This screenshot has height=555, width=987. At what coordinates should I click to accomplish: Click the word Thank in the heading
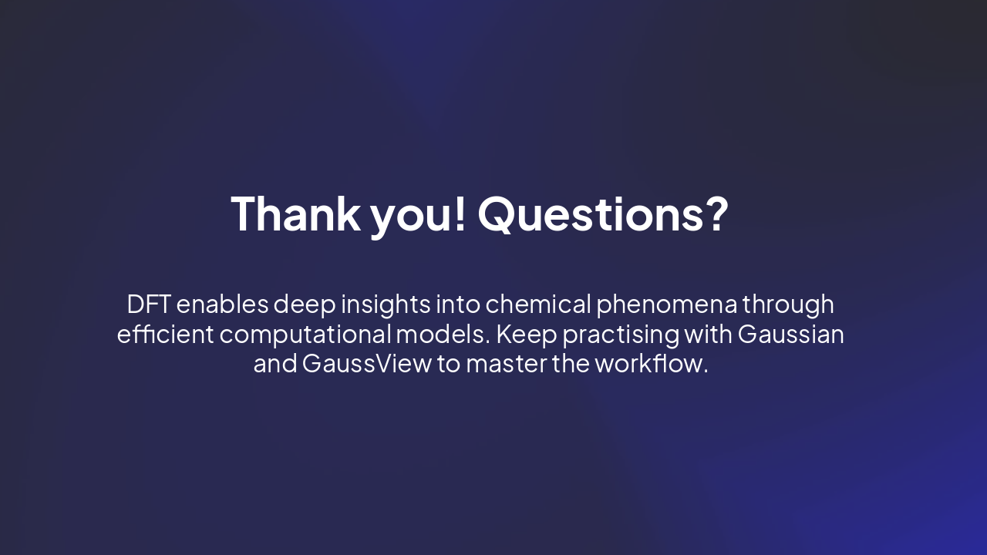click(295, 214)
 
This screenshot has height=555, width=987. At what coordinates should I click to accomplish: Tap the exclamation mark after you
click(460, 214)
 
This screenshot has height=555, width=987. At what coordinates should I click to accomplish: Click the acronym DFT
click(149, 304)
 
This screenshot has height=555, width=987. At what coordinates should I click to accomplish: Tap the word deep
click(305, 305)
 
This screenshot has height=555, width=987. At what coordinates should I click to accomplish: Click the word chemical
click(538, 304)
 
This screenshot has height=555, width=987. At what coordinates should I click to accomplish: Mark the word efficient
click(165, 335)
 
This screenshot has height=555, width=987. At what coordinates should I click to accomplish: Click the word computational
click(305, 335)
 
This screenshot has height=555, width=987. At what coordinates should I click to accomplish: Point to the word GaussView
click(367, 364)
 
